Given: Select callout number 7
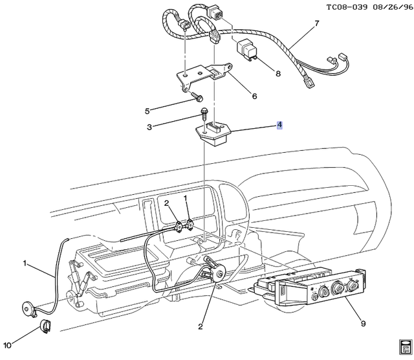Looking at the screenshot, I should coord(317,25).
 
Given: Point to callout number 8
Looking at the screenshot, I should coord(278,73).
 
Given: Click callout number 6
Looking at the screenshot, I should coord(254,96).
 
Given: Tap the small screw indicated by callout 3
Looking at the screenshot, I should coord(204,115).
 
